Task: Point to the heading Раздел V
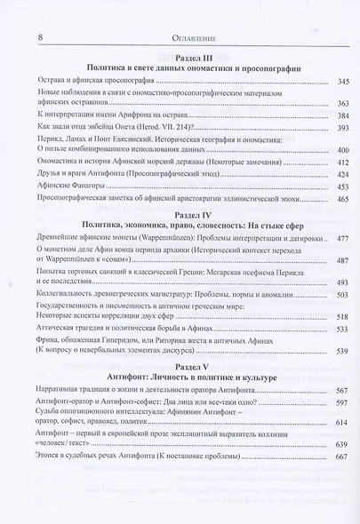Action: [x=187, y=401]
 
